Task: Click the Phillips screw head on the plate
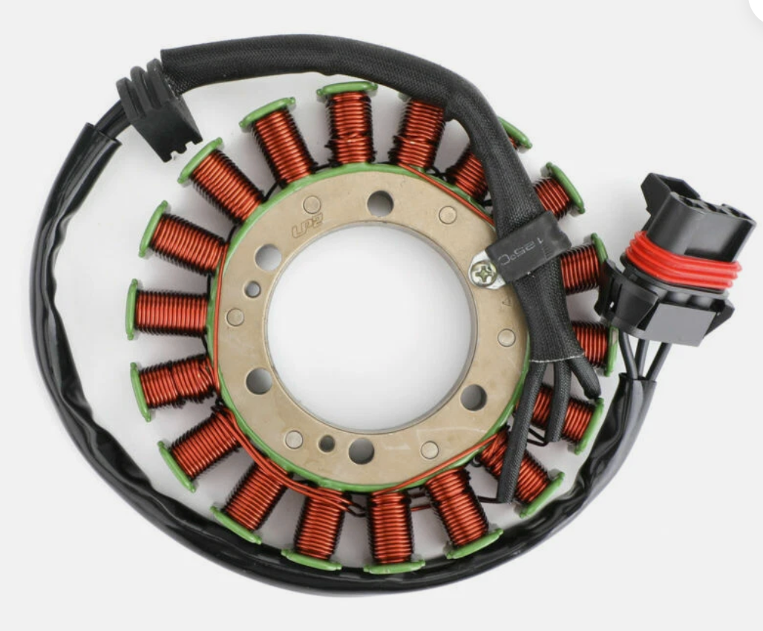coord(482,274)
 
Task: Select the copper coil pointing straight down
coord(390,527)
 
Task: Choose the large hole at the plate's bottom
coord(361,449)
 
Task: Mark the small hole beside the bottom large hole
coord(327,443)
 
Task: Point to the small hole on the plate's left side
coord(253,290)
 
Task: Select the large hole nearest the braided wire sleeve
coord(474,397)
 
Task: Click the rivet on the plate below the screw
coord(506,338)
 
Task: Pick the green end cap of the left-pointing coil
coord(132,310)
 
